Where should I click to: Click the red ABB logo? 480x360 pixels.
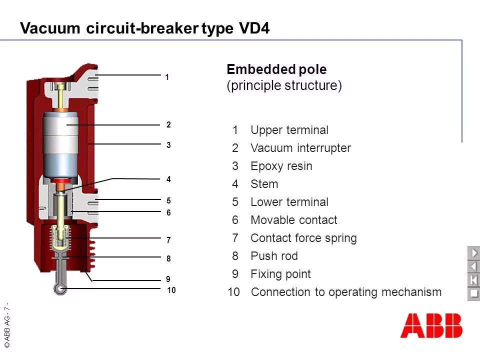click(431, 325)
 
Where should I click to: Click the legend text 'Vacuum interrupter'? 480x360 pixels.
click(300, 148)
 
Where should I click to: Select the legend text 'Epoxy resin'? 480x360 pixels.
click(281, 166)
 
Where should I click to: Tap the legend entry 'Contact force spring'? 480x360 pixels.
click(303, 238)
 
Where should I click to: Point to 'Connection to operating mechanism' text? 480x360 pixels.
click(346, 292)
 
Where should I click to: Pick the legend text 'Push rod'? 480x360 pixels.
click(274, 256)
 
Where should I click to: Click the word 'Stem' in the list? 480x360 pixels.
click(264, 184)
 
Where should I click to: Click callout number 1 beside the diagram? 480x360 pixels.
click(167, 77)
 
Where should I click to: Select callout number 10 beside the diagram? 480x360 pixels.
click(171, 290)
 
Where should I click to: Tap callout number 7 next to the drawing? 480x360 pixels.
click(168, 240)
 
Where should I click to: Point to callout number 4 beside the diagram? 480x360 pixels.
click(168, 179)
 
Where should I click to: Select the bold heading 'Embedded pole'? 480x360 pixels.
click(276, 69)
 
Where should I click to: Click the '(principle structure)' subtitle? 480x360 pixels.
click(284, 85)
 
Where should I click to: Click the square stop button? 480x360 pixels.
click(473, 293)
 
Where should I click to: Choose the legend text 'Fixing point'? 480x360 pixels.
click(280, 274)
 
